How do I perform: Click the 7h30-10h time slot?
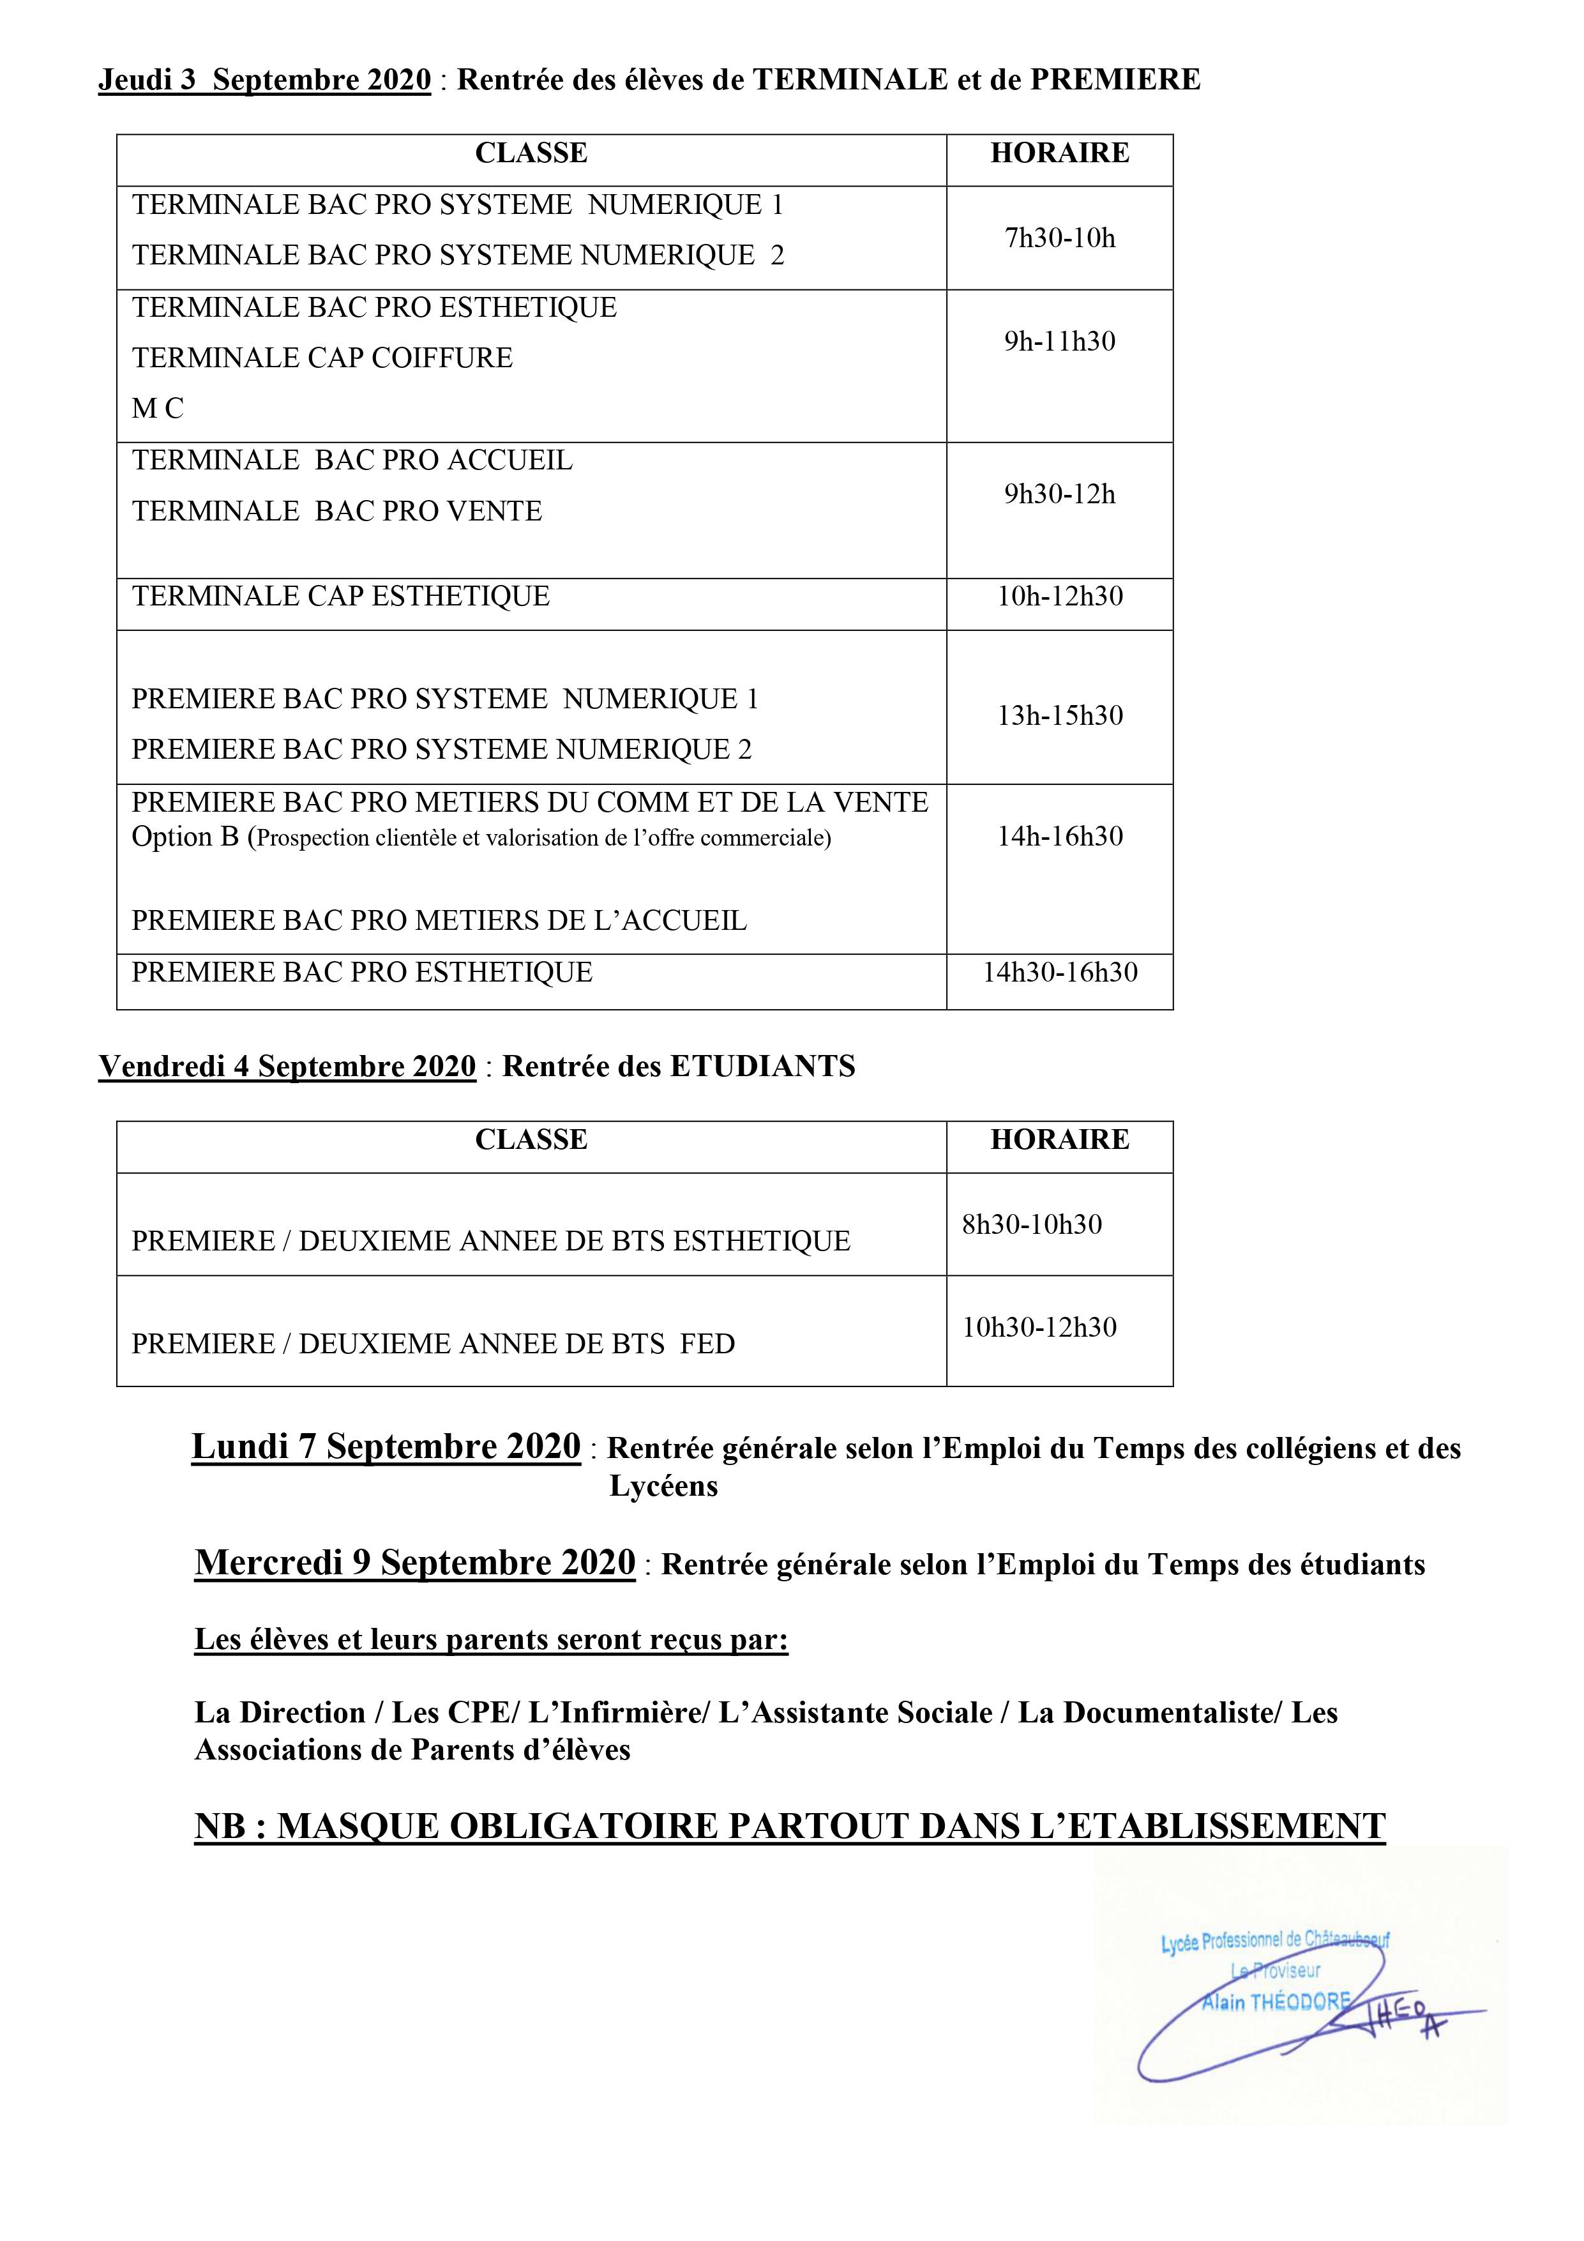(1059, 238)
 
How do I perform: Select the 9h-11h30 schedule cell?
(1059, 342)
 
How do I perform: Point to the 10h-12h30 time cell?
(1059, 596)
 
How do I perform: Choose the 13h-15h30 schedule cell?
(1059, 715)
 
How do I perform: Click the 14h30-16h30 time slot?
(1059, 972)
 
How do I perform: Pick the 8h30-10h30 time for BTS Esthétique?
(1032, 1224)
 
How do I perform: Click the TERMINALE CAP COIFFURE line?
(322, 358)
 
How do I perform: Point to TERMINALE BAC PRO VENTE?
(336, 512)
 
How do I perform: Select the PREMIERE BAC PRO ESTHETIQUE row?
(362, 972)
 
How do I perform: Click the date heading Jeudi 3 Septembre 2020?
(264, 80)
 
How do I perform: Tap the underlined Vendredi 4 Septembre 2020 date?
(287, 1066)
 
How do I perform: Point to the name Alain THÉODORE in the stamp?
(1274, 2002)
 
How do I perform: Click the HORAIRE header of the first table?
(1059, 153)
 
